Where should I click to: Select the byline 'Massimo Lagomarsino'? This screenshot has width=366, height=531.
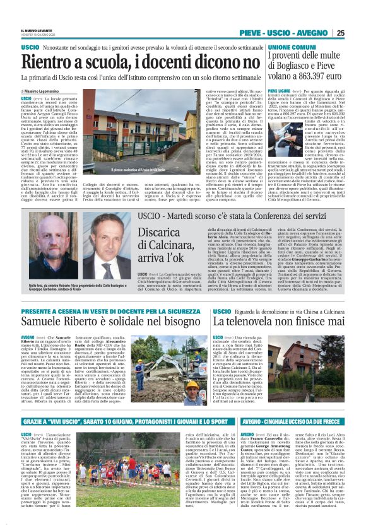(x=47, y=91)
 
